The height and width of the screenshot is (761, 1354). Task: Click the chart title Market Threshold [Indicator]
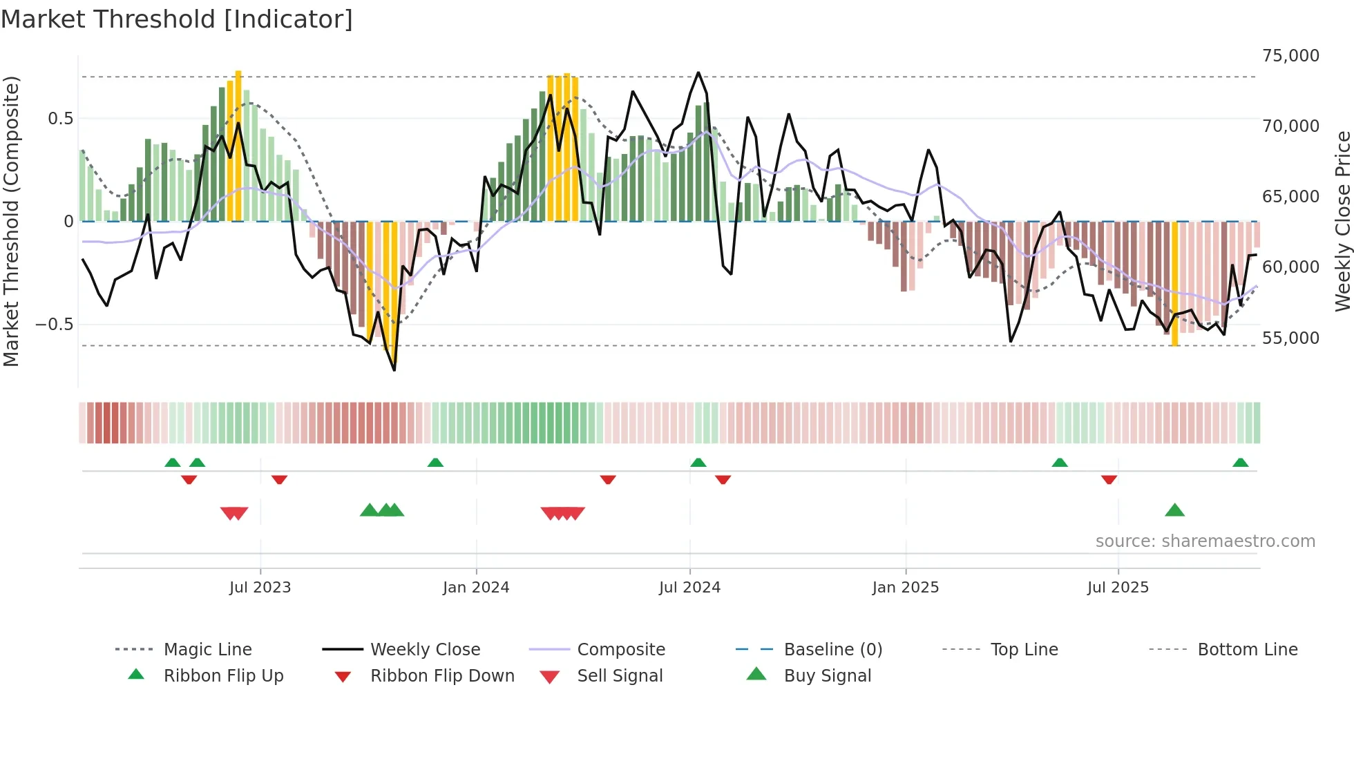[177, 19]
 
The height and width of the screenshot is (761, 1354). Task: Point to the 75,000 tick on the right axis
[1290, 56]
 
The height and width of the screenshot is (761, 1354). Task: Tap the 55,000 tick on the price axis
[1290, 338]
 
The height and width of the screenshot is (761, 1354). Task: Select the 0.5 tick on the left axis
[60, 119]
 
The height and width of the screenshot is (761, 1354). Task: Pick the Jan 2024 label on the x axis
[475, 588]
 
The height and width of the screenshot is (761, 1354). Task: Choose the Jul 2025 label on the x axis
[1117, 588]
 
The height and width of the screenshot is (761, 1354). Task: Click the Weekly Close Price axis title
[1342, 221]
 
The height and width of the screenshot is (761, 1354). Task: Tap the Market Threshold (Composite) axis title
[11, 221]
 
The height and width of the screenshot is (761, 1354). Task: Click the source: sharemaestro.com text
[1205, 541]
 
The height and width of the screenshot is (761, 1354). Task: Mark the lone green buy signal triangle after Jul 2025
[1174, 510]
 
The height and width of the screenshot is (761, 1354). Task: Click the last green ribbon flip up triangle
[1240, 463]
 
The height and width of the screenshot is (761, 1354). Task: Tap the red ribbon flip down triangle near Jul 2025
[1109, 479]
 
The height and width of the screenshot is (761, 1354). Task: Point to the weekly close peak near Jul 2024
[698, 73]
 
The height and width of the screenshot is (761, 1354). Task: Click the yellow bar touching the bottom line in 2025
[1174, 283]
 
